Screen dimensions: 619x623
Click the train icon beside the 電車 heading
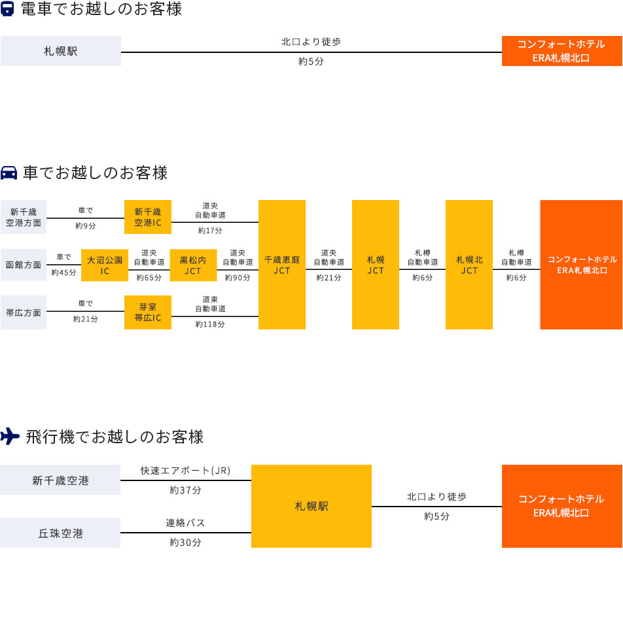(x=9, y=10)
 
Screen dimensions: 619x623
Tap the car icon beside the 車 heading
(x=9, y=173)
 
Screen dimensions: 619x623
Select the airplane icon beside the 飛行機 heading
(x=10, y=437)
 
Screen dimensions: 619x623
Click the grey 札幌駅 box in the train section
(x=61, y=51)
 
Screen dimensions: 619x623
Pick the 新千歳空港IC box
(x=148, y=217)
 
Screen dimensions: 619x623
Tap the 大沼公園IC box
(x=105, y=265)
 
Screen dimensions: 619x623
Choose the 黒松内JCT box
(x=193, y=265)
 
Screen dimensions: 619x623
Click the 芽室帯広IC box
(x=148, y=312)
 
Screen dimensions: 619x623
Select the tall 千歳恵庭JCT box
(x=282, y=265)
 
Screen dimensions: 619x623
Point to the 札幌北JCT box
(x=469, y=265)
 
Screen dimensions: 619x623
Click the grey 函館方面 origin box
(x=24, y=265)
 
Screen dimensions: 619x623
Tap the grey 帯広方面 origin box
(x=24, y=312)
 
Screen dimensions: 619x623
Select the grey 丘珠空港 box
(x=61, y=533)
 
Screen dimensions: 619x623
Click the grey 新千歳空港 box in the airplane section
(x=61, y=480)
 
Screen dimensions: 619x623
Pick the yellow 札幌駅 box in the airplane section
(x=311, y=507)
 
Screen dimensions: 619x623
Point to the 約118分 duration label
(x=210, y=324)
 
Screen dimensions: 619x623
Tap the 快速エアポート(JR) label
(x=186, y=471)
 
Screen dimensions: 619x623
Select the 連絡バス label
(x=186, y=524)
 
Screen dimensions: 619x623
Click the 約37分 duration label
(x=186, y=490)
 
